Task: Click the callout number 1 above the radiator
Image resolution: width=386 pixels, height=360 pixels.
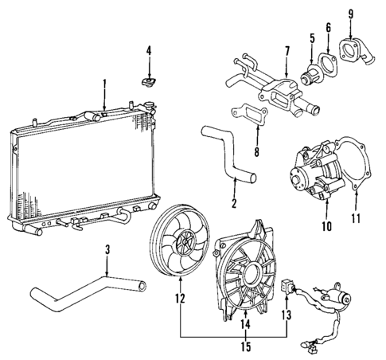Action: pyautogui.click(x=103, y=83)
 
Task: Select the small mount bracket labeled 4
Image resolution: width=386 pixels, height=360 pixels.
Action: pyautogui.click(x=148, y=80)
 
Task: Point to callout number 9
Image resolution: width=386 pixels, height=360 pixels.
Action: pyautogui.click(x=350, y=14)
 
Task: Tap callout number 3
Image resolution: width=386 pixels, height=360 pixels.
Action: pyautogui.click(x=109, y=255)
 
